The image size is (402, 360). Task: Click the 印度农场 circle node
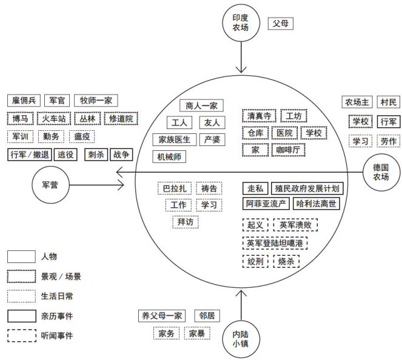[x=241, y=23]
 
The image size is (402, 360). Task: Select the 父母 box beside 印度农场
[x=282, y=24]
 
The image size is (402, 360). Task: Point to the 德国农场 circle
[x=380, y=171]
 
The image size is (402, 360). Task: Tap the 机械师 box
[x=169, y=157]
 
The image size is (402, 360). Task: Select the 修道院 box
[x=121, y=119]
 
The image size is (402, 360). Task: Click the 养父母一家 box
[x=161, y=316]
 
